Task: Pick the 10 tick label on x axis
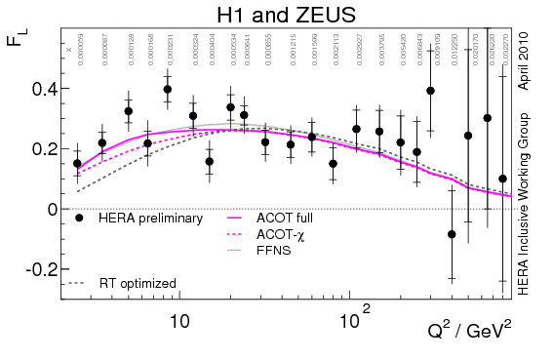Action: pyautogui.click(x=178, y=318)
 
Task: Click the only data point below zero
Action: pyautogui.click(x=452, y=234)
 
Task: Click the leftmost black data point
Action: pyautogui.click(x=78, y=164)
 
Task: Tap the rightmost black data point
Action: pyautogui.click(x=502, y=179)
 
